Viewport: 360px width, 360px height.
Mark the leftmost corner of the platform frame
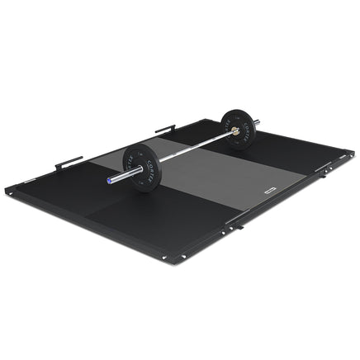click(8, 191)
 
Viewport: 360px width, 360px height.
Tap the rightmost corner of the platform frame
click(352, 165)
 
